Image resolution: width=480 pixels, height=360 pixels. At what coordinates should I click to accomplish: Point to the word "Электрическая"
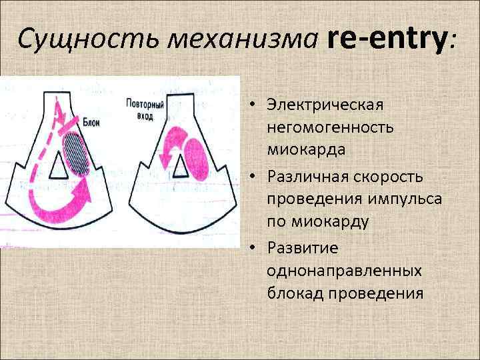324,105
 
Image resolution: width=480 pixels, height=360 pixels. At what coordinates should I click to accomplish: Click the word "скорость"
387,177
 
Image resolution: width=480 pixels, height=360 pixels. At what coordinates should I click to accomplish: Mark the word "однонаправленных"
343,271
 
